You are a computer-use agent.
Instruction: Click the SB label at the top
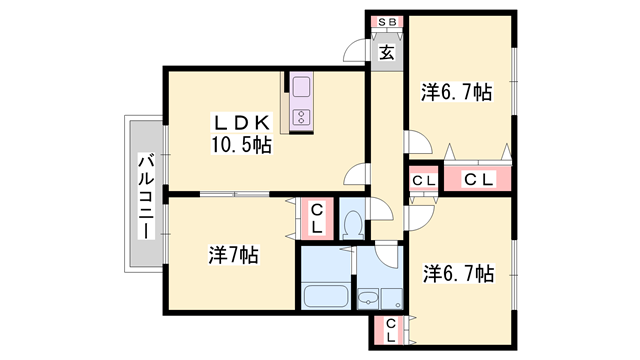[386, 22]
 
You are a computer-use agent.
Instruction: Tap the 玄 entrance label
[386, 53]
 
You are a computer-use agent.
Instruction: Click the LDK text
[240, 122]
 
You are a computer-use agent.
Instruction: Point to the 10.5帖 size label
[241, 145]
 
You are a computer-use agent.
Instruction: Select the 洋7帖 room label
[233, 255]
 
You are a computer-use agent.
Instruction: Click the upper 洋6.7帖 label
[456, 93]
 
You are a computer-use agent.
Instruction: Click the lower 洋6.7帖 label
[458, 272]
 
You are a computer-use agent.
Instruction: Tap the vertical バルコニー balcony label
[146, 195]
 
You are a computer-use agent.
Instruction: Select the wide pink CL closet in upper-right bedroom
[479, 179]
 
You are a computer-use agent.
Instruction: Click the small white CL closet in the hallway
[422, 180]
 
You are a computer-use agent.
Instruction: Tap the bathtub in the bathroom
[324, 297]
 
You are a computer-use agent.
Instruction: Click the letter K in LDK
[262, 122]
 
